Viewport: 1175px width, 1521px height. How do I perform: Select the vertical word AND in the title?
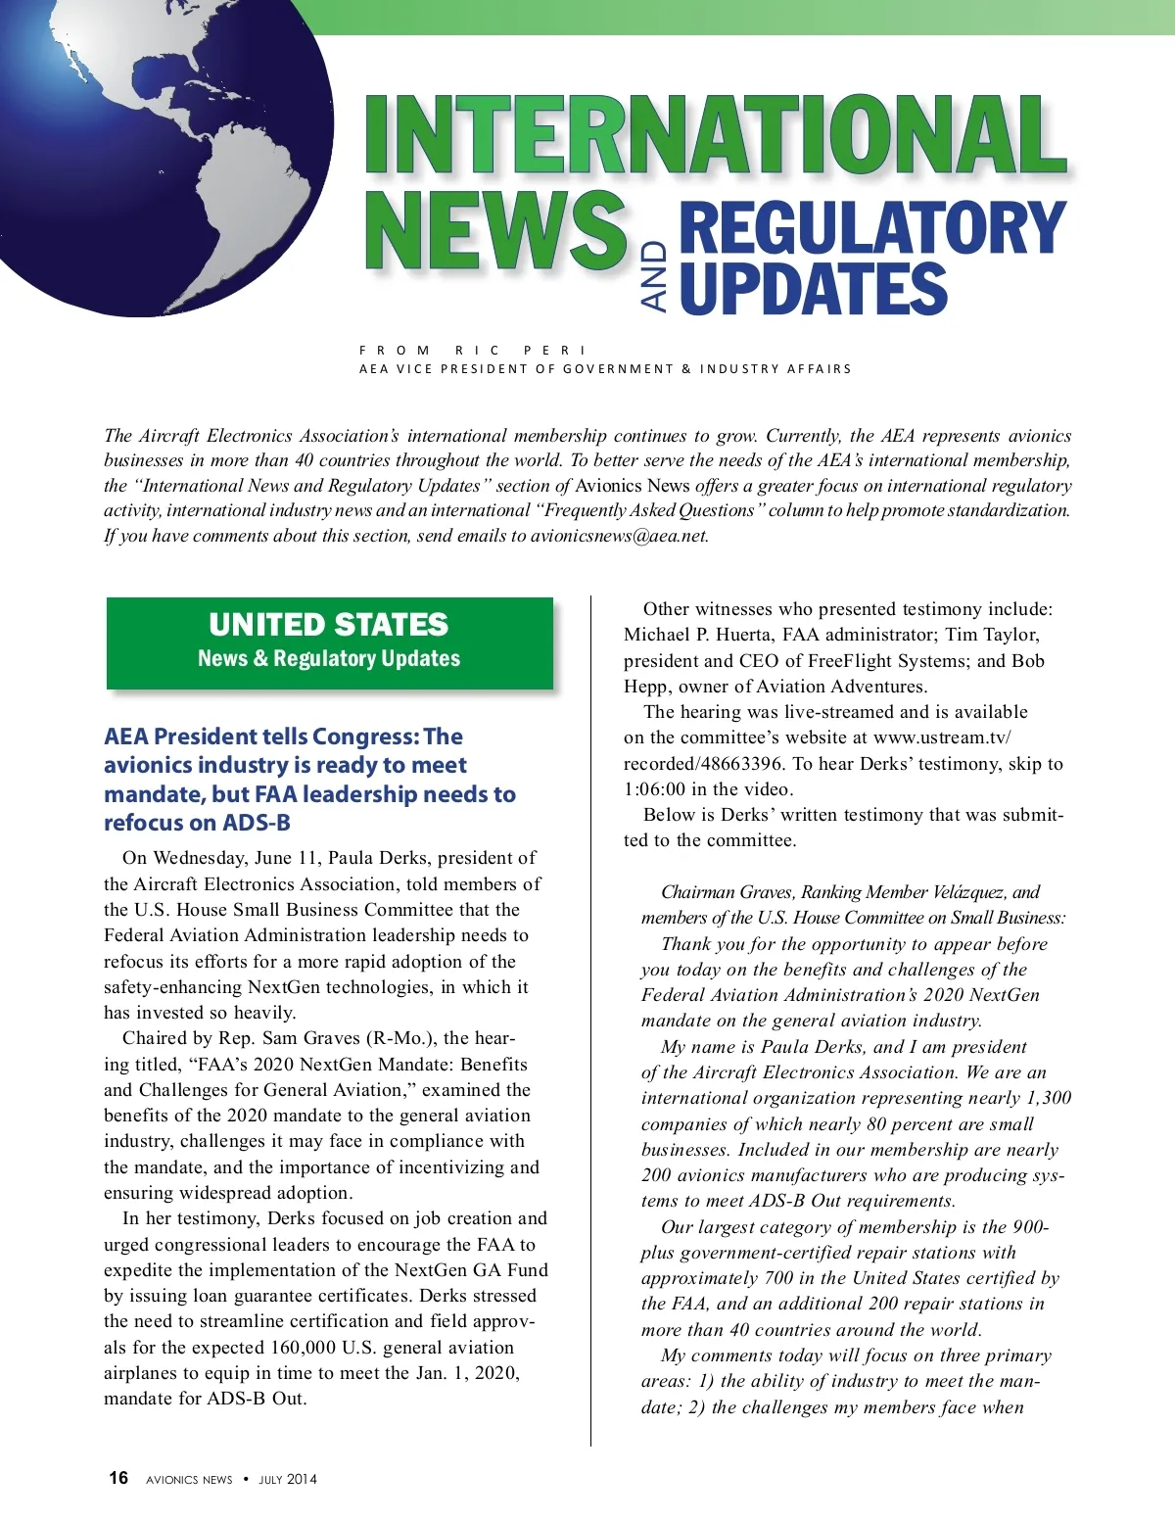(655, 277)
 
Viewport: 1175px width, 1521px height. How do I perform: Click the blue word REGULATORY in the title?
(871, 228)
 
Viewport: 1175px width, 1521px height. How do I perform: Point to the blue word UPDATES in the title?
(813, 289)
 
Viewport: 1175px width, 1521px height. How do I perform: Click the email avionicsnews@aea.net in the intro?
(618, 536)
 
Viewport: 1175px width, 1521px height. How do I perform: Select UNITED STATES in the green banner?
(329, 625)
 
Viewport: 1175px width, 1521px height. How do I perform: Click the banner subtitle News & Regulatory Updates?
(329, 658)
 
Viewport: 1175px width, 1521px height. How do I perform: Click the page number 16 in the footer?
(118, 1478)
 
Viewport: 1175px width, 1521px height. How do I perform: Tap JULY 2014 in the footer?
(288, 1480)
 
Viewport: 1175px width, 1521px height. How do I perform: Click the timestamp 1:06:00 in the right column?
(657, 789)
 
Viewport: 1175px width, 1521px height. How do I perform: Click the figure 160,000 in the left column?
(292, 1348)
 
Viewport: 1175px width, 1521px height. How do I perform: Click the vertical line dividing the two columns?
(591, 1019)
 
